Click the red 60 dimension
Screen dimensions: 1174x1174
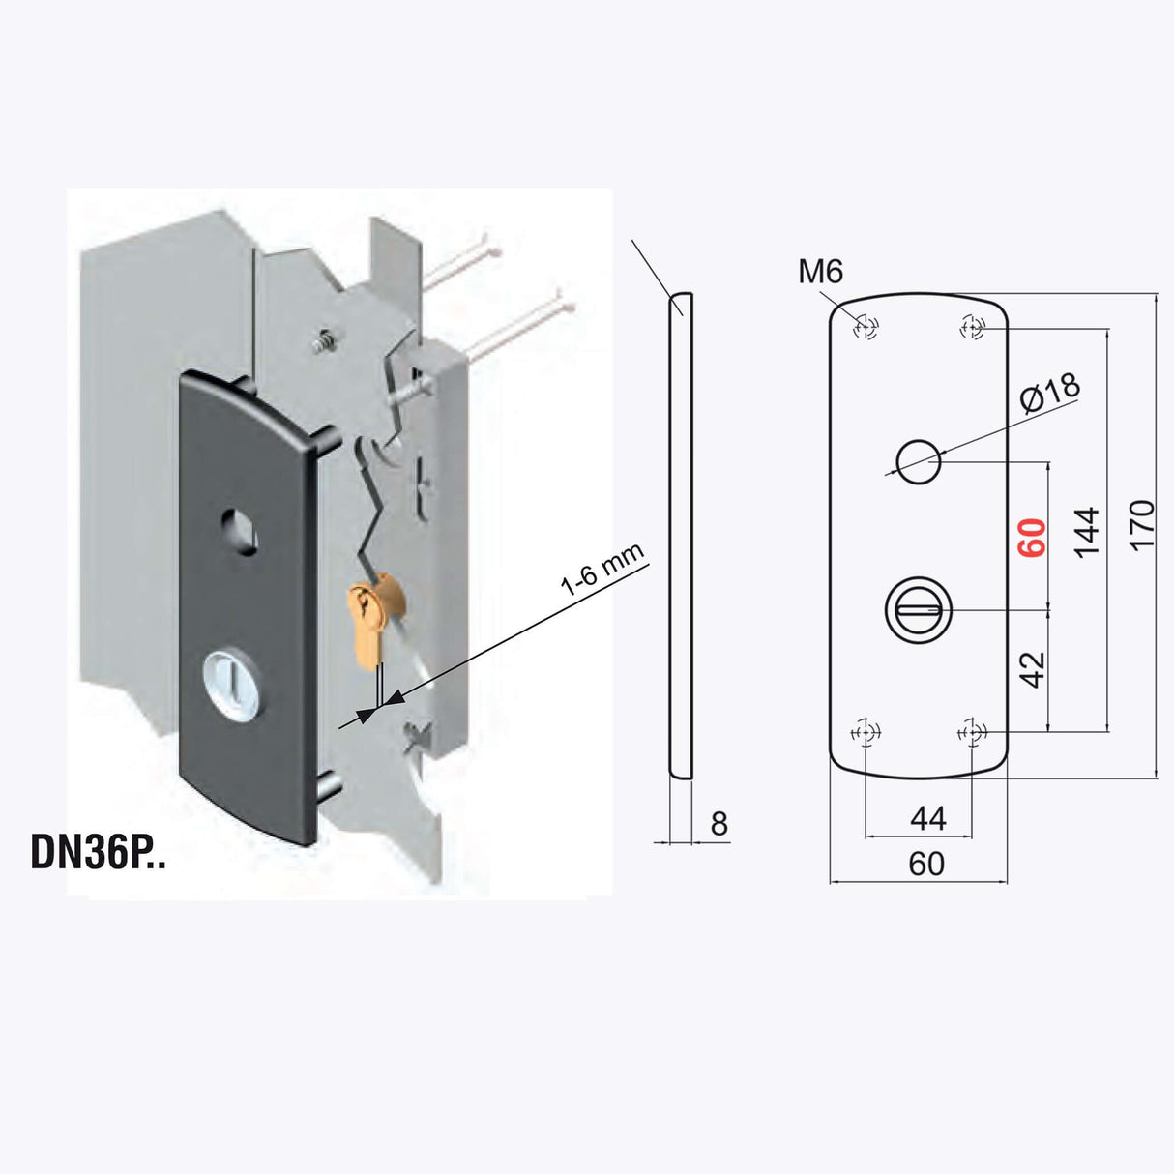(x=1033, y=538)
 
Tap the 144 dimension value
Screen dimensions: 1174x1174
(x=1087, y=531)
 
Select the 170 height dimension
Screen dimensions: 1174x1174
(x=1142, y=525)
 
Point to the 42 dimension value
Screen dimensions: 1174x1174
(x=1033, y=669)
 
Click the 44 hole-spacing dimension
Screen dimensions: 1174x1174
(x=927, y=819)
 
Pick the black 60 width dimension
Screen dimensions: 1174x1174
(x=926, y=863)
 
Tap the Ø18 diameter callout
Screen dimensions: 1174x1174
(x=1050, y=393)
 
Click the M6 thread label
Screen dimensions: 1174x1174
(x=820, y=273)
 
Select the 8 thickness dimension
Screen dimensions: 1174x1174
(x=719, y=824)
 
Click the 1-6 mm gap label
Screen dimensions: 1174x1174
(x=602, y=569)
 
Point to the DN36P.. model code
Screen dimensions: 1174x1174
(x=99, y=852)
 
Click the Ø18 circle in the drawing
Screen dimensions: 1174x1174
(x=918, y=460)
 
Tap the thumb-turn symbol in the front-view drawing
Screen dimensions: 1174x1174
(x=918, y=610)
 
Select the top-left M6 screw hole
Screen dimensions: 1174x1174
(x=866, y=329)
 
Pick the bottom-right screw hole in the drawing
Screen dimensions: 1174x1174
(x=972, y=733)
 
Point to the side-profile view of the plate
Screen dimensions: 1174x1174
(x=681, y=535)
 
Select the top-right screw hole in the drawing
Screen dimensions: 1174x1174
(x=972, y=329)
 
